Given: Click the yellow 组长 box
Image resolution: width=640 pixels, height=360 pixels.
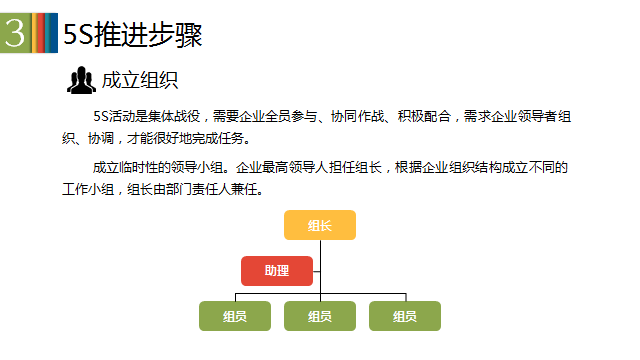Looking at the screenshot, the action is tap(320, 225).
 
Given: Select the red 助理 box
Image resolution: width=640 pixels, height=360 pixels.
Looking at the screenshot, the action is tap(277, 271).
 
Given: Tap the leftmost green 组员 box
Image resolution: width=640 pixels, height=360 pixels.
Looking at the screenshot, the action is tap(235, 316).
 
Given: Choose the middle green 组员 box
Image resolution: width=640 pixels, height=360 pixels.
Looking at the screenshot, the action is tap(320, 316).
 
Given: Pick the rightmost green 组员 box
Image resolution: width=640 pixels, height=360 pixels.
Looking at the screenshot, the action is tap(405, 316).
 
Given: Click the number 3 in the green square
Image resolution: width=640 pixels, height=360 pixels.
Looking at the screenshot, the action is tap(15, 33).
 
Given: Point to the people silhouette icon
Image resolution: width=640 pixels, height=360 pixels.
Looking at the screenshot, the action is tap(81, 80).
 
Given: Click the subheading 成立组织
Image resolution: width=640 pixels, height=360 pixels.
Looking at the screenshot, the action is tap(140, 80).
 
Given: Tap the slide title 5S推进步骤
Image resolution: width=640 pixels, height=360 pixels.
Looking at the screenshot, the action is tap(133, 34).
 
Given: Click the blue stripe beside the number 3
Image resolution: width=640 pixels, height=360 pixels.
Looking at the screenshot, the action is tap(53, 33).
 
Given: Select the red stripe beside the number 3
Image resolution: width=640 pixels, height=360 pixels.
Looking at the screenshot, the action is tap(41, 33).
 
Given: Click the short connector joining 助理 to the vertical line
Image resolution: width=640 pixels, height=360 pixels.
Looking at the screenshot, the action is tap(317, 271).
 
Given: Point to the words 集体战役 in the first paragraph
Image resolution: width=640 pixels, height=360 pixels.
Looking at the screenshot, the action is tap(174, 116).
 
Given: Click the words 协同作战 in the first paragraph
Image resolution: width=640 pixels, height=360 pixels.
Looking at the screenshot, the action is tap(358, 116).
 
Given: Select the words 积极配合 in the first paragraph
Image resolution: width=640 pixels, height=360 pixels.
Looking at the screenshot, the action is tap(424, 116).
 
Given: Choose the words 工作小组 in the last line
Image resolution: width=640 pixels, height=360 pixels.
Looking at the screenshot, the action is tap(88, 189).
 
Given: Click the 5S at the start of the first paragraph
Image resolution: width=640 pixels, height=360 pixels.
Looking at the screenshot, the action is tap(100, 116).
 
